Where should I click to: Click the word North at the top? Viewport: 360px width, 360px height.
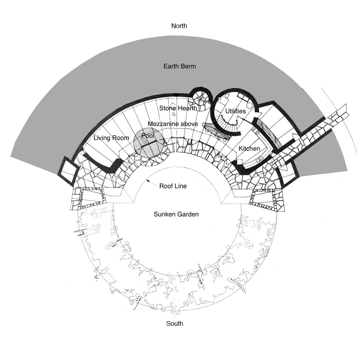(x=179, y=26)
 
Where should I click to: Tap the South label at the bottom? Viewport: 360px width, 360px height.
(x=175, y=324)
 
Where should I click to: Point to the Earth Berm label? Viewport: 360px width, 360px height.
(x=180, y=66)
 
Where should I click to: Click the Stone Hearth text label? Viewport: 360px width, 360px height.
(x=178, y=108)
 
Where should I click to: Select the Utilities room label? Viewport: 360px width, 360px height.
(x=235, y=111)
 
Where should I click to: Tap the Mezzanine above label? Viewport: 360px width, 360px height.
(x=173, y=124)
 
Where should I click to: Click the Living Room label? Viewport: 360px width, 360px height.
(x=111, y=138)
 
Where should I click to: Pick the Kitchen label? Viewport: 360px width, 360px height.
(x=249, y=149)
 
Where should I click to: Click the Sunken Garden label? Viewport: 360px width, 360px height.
(x=176, y=215)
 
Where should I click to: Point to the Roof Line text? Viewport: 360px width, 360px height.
(x=173, y=186)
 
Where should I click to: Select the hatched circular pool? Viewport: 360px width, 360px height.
(x=149, y=143)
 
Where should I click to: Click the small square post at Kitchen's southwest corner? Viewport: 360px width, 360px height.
(x=240, y=162)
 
